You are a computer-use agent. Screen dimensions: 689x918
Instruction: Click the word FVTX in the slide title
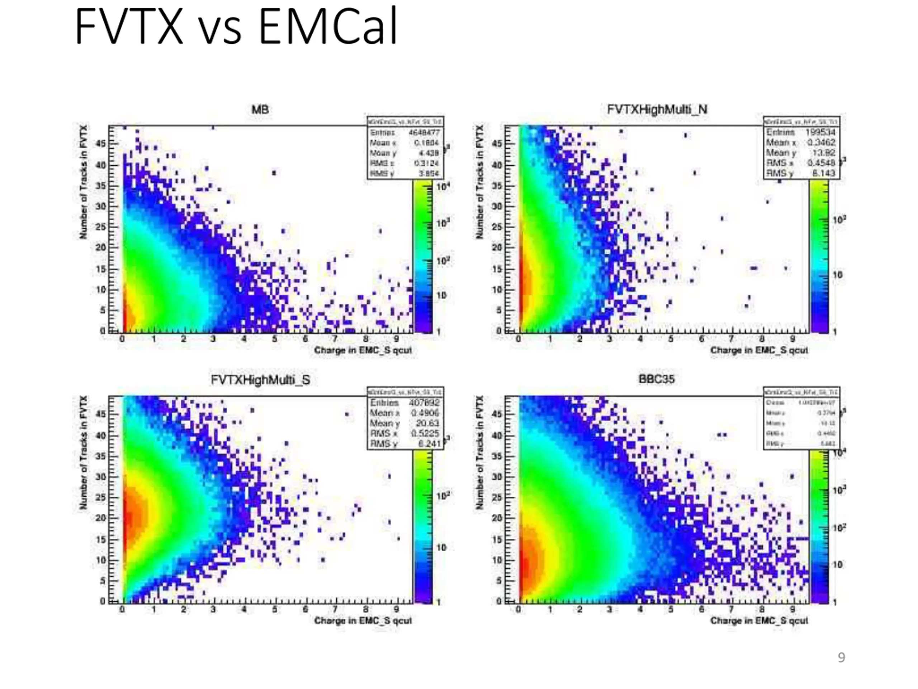[129, 27]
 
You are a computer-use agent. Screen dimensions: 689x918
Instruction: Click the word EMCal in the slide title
[328, 27]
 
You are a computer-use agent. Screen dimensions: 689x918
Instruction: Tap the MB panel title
[260, 110]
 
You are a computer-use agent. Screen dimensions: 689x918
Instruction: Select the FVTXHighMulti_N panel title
[657, 110]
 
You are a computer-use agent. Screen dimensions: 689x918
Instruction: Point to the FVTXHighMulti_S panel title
[260, 380]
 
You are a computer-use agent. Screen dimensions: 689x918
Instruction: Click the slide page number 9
[841, 657]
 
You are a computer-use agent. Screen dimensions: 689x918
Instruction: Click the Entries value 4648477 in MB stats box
[424, 132]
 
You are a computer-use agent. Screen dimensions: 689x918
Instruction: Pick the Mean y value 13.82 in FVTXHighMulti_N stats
[823, 153]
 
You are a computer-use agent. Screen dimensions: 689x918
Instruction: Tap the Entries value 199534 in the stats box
[820, 132]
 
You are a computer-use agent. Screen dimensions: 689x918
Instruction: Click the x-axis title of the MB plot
[363, 350]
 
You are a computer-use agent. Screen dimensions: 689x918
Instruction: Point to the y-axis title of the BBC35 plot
[480, 453]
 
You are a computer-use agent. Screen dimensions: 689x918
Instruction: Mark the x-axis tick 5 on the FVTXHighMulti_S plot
[274, 610]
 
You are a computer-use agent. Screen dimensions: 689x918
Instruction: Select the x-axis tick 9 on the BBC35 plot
[792, 610]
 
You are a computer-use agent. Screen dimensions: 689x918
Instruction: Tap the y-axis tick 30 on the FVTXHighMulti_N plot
[498, 206]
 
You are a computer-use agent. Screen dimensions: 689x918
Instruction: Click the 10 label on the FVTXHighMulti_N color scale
[837, 275]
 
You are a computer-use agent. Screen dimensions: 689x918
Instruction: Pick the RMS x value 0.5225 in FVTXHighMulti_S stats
[425, 433]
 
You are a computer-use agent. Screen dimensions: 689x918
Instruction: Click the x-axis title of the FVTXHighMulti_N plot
[759, 350]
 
